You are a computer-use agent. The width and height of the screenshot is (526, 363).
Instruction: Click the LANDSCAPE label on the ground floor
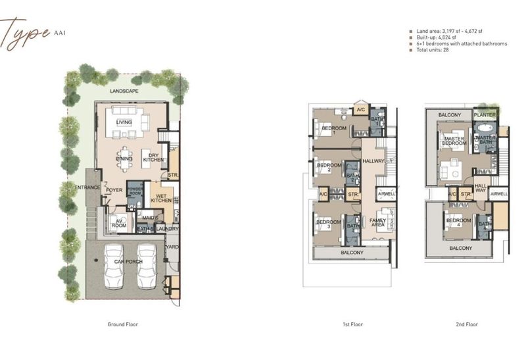click(124, 91)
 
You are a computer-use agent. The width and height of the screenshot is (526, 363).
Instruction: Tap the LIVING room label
click(124, 122)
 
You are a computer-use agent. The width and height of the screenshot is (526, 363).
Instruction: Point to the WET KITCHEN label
click(162, 199)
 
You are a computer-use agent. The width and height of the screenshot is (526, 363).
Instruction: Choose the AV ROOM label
click(118, 223)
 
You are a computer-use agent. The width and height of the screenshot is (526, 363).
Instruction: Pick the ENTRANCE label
click(87, 188)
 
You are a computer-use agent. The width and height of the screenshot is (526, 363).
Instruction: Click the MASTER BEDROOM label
click(454, 141)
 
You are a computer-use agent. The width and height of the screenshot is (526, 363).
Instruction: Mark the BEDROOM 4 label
click(460, 222)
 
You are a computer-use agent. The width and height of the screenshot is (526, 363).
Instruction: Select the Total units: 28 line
click(431, 49)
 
